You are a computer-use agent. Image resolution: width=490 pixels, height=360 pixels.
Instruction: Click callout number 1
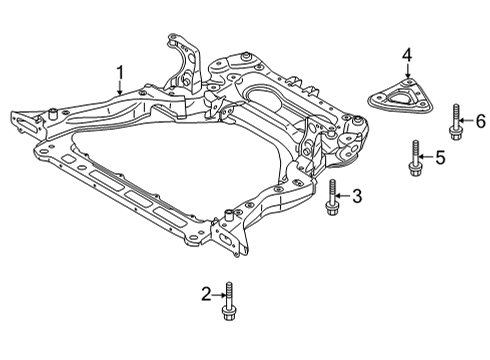(120, 71)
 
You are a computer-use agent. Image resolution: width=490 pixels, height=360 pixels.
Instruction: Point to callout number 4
(407, 54)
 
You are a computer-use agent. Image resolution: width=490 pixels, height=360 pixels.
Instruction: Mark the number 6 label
(479, 120)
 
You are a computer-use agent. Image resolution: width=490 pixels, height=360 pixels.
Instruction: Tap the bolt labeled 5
(412, 160)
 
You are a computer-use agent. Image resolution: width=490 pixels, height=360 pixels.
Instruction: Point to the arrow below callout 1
(121, 87)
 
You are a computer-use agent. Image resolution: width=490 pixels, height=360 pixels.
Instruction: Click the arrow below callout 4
(407, 72)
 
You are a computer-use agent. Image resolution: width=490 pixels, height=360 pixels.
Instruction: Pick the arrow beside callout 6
(467, 120)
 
